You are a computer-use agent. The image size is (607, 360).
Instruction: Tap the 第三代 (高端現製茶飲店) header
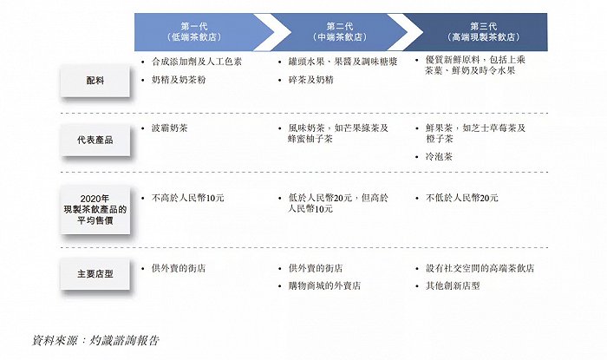tap(479, 32)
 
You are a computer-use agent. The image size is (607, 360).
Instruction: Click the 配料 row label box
tap(95, 80)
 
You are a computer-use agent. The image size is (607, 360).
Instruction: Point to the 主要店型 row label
tap(95, 274)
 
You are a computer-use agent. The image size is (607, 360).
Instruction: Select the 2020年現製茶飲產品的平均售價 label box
tap(95, 208)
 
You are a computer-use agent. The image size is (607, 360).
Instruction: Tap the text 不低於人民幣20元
tap(461, 198)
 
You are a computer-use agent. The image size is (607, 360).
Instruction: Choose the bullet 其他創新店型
tap(453, 285)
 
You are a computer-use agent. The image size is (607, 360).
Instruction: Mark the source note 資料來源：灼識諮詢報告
tap(95, 340)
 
